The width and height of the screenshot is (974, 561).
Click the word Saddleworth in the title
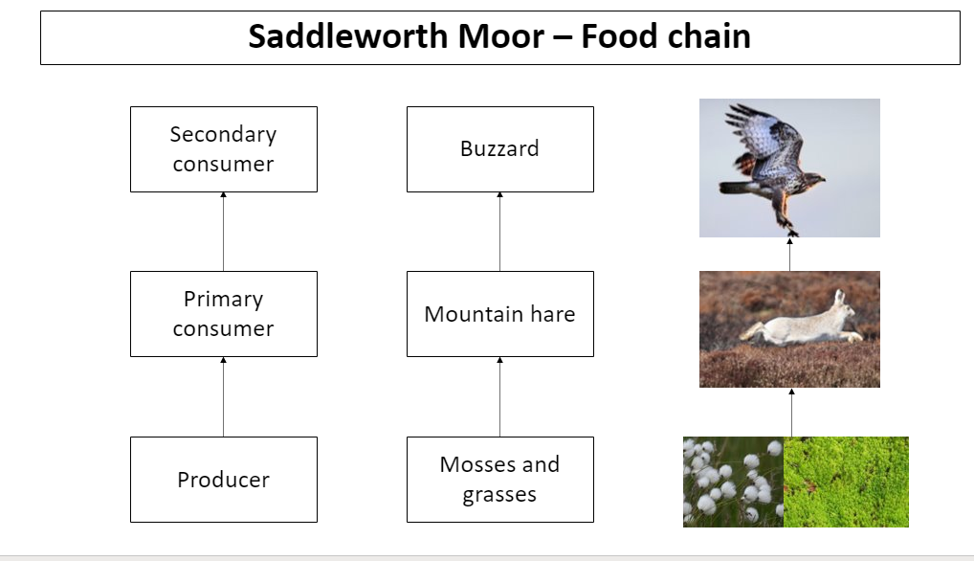[x=348, y=36]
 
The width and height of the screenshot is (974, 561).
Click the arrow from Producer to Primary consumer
[x=224, y=397]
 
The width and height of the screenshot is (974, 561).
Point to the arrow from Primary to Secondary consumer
[x=224, y=232]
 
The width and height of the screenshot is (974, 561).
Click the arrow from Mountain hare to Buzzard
[x=500, y=232]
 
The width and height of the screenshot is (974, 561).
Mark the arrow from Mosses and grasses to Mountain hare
[x=500, y=397]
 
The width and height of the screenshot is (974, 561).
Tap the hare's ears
[x=840, y=298]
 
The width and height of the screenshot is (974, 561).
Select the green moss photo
[x=846, y=482]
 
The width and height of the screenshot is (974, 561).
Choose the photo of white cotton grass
[x=734, y=482]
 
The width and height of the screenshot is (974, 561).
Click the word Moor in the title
[x=500, y=36]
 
